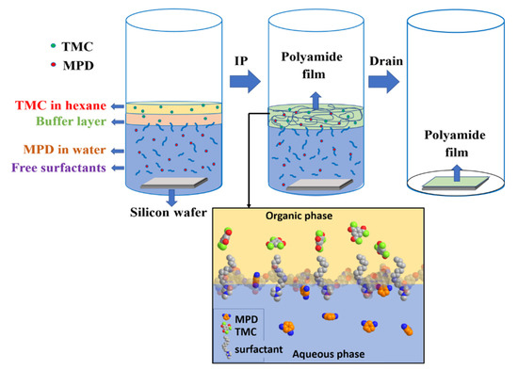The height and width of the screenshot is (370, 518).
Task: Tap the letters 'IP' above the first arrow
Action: pos(242,59)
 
